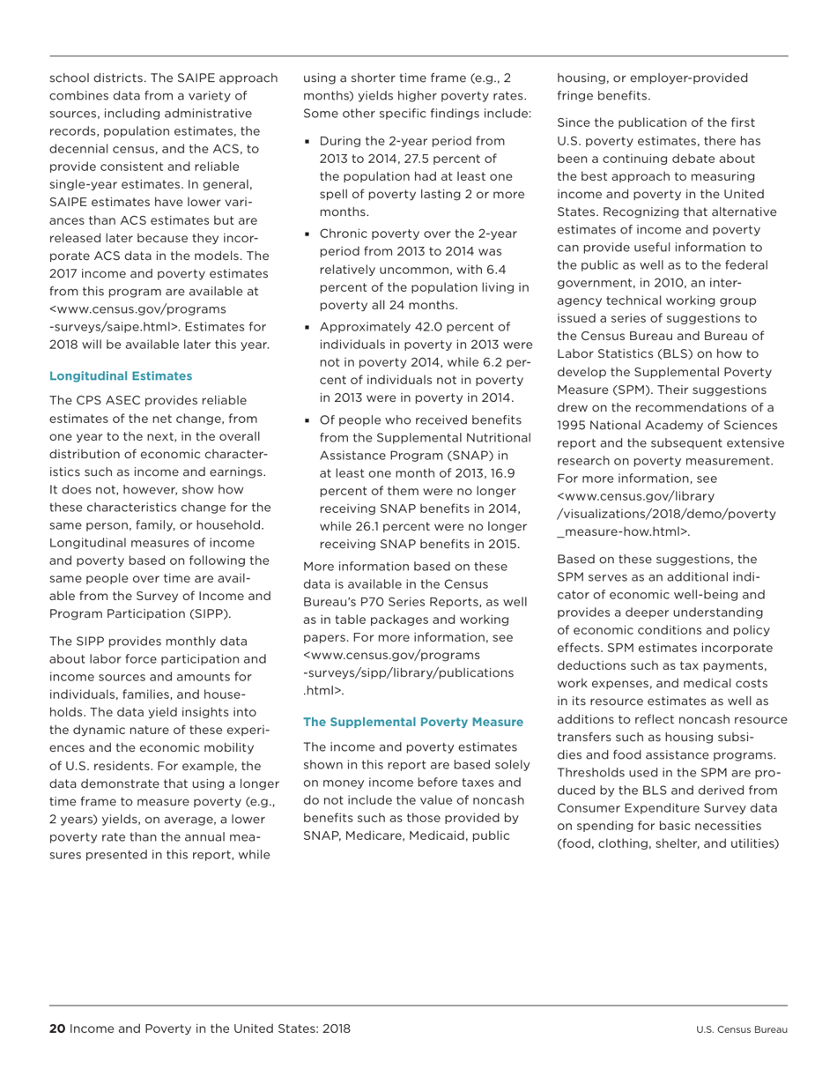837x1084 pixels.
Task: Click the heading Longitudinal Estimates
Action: click(x=120, y=376)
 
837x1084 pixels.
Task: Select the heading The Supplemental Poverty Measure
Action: click(x=413, y=722)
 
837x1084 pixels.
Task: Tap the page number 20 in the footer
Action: click(x=57, y=1028)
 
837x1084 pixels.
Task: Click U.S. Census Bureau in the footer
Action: click(x=741, y=1029)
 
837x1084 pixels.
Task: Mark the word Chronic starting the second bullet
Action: click(x=346, y=234)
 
